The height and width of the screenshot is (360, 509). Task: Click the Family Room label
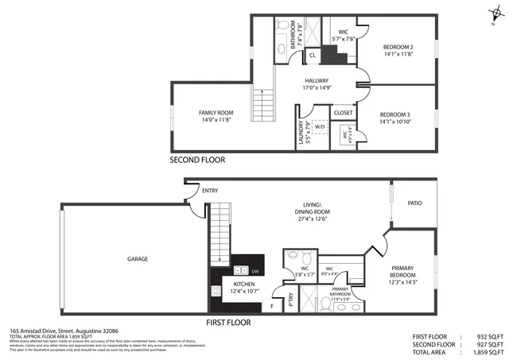(216, 113)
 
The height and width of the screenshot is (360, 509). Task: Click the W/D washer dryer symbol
(319, 126)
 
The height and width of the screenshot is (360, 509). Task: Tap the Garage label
(140, 259)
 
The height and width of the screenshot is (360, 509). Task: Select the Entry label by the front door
(210, 190)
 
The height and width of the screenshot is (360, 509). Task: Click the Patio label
(414, 203)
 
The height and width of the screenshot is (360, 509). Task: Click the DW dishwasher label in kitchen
(254, 271)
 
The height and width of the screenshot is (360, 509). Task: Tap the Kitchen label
(243, 284)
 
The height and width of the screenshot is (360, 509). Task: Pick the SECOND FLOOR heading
(197, 160)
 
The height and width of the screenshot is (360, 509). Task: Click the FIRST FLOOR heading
(228, 323)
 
